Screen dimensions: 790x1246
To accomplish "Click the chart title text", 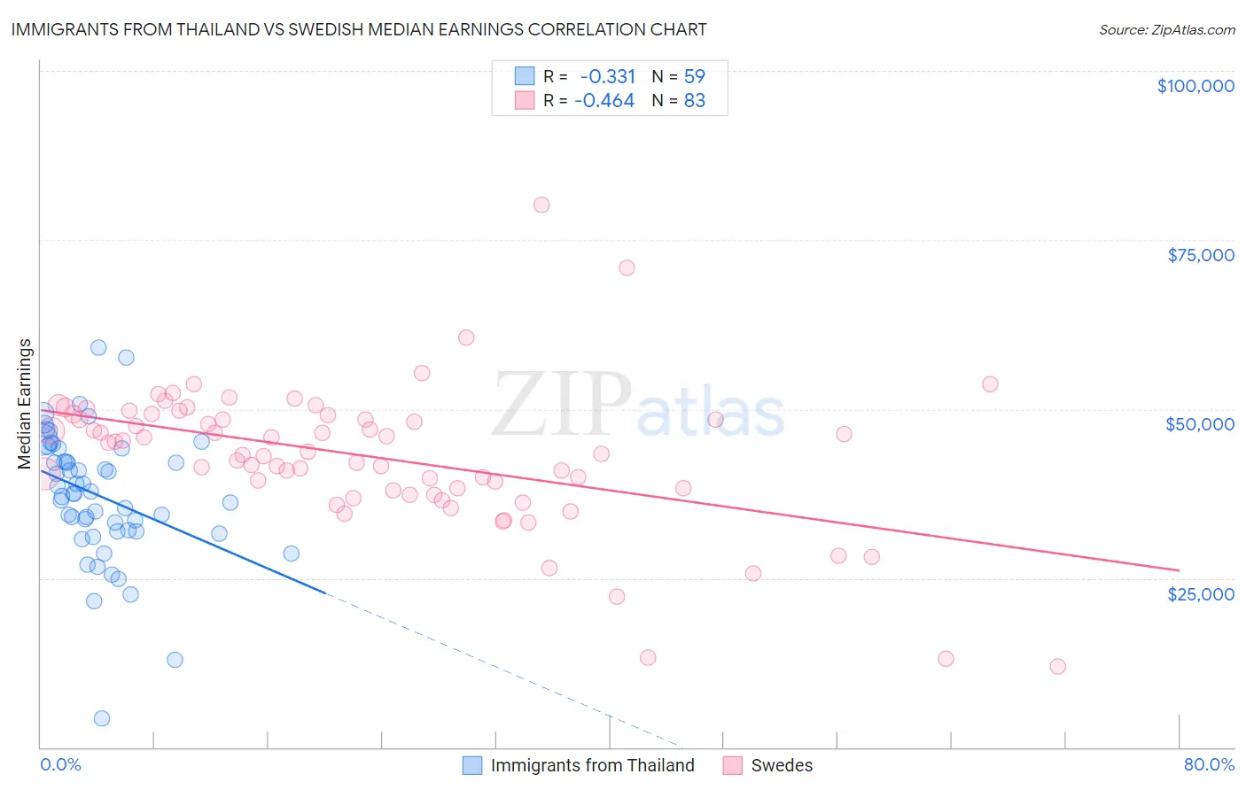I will point(359,29).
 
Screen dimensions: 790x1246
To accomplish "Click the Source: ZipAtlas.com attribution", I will point(1166,29).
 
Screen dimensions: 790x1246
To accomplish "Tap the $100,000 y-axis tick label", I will point(1195,86).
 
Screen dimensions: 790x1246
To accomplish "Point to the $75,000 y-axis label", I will point(1201,255).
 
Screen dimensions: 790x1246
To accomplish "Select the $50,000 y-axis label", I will point(1200,424).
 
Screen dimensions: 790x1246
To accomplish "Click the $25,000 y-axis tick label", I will point(1201,593).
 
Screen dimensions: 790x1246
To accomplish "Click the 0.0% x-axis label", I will point(60,764).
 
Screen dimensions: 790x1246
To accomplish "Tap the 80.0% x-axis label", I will point(1209,764).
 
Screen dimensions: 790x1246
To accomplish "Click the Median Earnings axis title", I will point(25,404).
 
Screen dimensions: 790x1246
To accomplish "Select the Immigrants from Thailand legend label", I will point(592,765).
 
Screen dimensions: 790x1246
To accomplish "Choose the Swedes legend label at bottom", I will point(782,765).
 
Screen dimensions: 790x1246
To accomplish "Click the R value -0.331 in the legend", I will point(608,76).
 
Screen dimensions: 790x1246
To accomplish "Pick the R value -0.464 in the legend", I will point(604,101).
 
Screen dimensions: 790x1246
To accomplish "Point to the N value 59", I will point(695,76).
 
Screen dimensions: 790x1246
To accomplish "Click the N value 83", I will point(695,101).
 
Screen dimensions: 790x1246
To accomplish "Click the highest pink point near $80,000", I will point(541,205).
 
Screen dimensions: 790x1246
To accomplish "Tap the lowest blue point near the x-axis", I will point(102,718).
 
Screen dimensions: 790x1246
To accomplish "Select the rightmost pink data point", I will point(1057,666).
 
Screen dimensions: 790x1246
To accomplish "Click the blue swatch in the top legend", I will point(525,76).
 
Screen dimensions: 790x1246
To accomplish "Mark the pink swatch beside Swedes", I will point(732,765).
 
